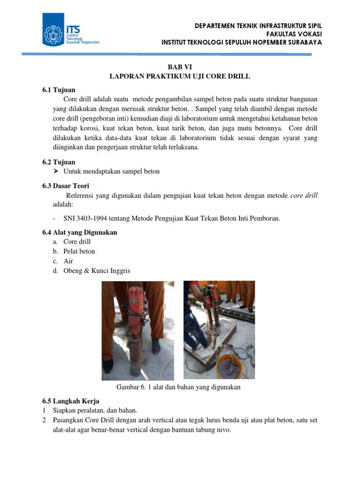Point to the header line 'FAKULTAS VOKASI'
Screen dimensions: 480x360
pos(294,34)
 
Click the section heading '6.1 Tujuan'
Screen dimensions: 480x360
pos(59,90)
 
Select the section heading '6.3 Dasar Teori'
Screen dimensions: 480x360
pos(66,186)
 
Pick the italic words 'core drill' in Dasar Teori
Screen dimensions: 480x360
pos(304,195)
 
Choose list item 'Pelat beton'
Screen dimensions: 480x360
pos(79,251)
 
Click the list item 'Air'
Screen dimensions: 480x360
pos(68,261)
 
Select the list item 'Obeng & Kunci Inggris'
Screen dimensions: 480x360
pos(97,271)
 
